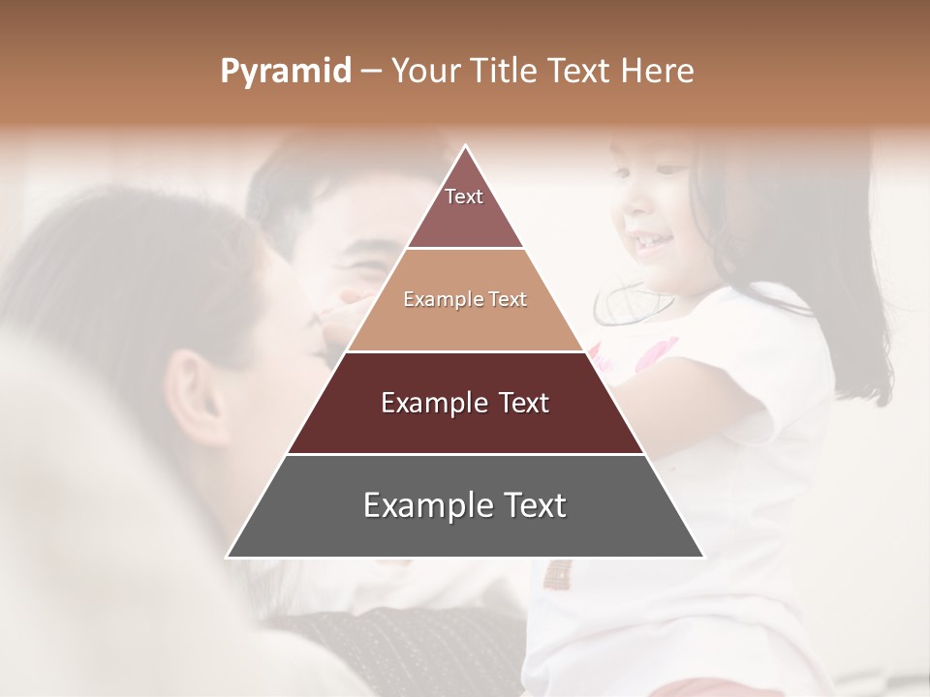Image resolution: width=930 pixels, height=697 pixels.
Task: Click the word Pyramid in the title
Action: coord(286,72)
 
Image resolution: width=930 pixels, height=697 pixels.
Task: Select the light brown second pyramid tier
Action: coord(465,300)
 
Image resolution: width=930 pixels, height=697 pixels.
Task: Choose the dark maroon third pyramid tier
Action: coord(465,403)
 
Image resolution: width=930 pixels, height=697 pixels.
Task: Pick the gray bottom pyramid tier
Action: coord(465,505)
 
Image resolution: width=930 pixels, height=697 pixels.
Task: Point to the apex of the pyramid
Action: coord(465,147)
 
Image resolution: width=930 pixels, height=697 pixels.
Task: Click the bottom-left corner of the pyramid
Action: coord(229,556)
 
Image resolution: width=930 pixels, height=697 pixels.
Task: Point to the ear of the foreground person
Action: coord(200,392)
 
